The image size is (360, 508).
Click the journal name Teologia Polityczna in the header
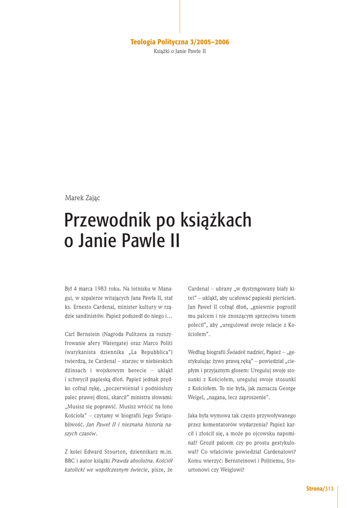[x=159, y=42]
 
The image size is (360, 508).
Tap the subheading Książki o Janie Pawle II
[x=180, y=51]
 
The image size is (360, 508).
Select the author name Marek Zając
[x=82, y=198]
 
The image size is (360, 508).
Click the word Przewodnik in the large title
[x=107, y=220]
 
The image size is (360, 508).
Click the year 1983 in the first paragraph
[x=101, y=289]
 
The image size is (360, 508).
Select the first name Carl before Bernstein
[x=71, y=334]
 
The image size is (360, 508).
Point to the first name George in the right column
[x=288, y=388]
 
